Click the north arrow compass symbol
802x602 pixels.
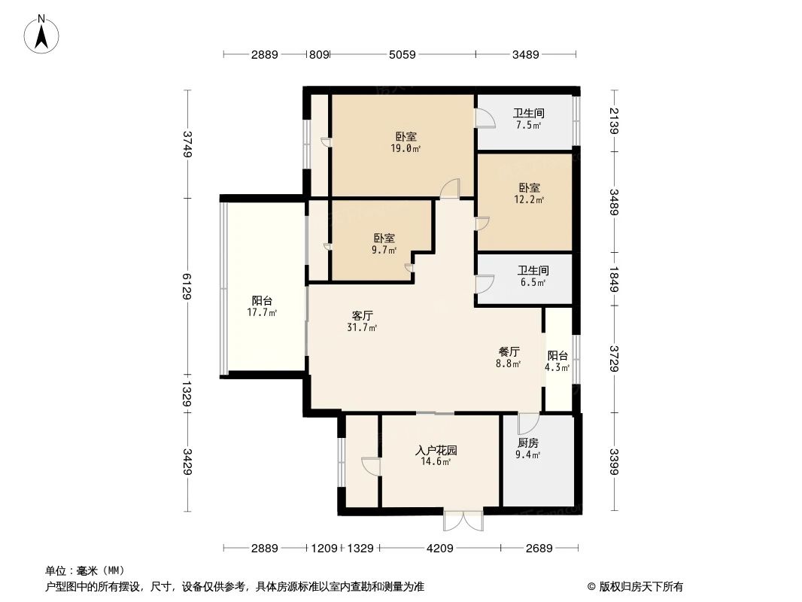click(x=41, y=33)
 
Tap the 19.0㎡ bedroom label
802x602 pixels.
click(x=406, y=142)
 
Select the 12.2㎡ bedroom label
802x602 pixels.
click(x=529, y=193)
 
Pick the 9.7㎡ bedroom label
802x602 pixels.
click(x=384, y=243)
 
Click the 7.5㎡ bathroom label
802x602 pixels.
click(x=528, y=119)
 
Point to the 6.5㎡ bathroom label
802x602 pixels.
click(x=532, y=275)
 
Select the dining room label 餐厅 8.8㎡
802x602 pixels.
click(x=509, y=357)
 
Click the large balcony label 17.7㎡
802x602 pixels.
click(x=263, y=306)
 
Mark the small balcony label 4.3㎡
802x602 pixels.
click(x=557, y=361)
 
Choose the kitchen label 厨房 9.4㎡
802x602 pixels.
click(x=528, y=448)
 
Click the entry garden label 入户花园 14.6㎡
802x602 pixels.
click(x=436, y=456)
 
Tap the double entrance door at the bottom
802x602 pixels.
click(x=463, y=520)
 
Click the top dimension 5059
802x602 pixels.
click(x=403, y=54)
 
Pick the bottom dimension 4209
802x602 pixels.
click(x=440, y=549)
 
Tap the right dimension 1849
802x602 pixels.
click(x=615, y=278)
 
